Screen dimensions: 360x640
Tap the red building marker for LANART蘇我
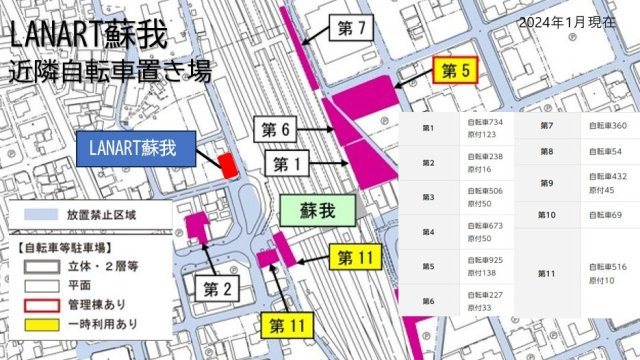point(228,165)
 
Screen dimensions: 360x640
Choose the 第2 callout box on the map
point(218,290)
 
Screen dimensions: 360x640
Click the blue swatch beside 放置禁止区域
point(40,214)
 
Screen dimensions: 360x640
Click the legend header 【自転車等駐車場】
point(64,245)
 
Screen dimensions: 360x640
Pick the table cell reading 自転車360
point(607,126)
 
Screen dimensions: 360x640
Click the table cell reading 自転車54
point(604,151)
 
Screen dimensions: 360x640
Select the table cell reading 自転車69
point(604,215)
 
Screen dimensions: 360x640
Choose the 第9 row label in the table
point(546,183)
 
